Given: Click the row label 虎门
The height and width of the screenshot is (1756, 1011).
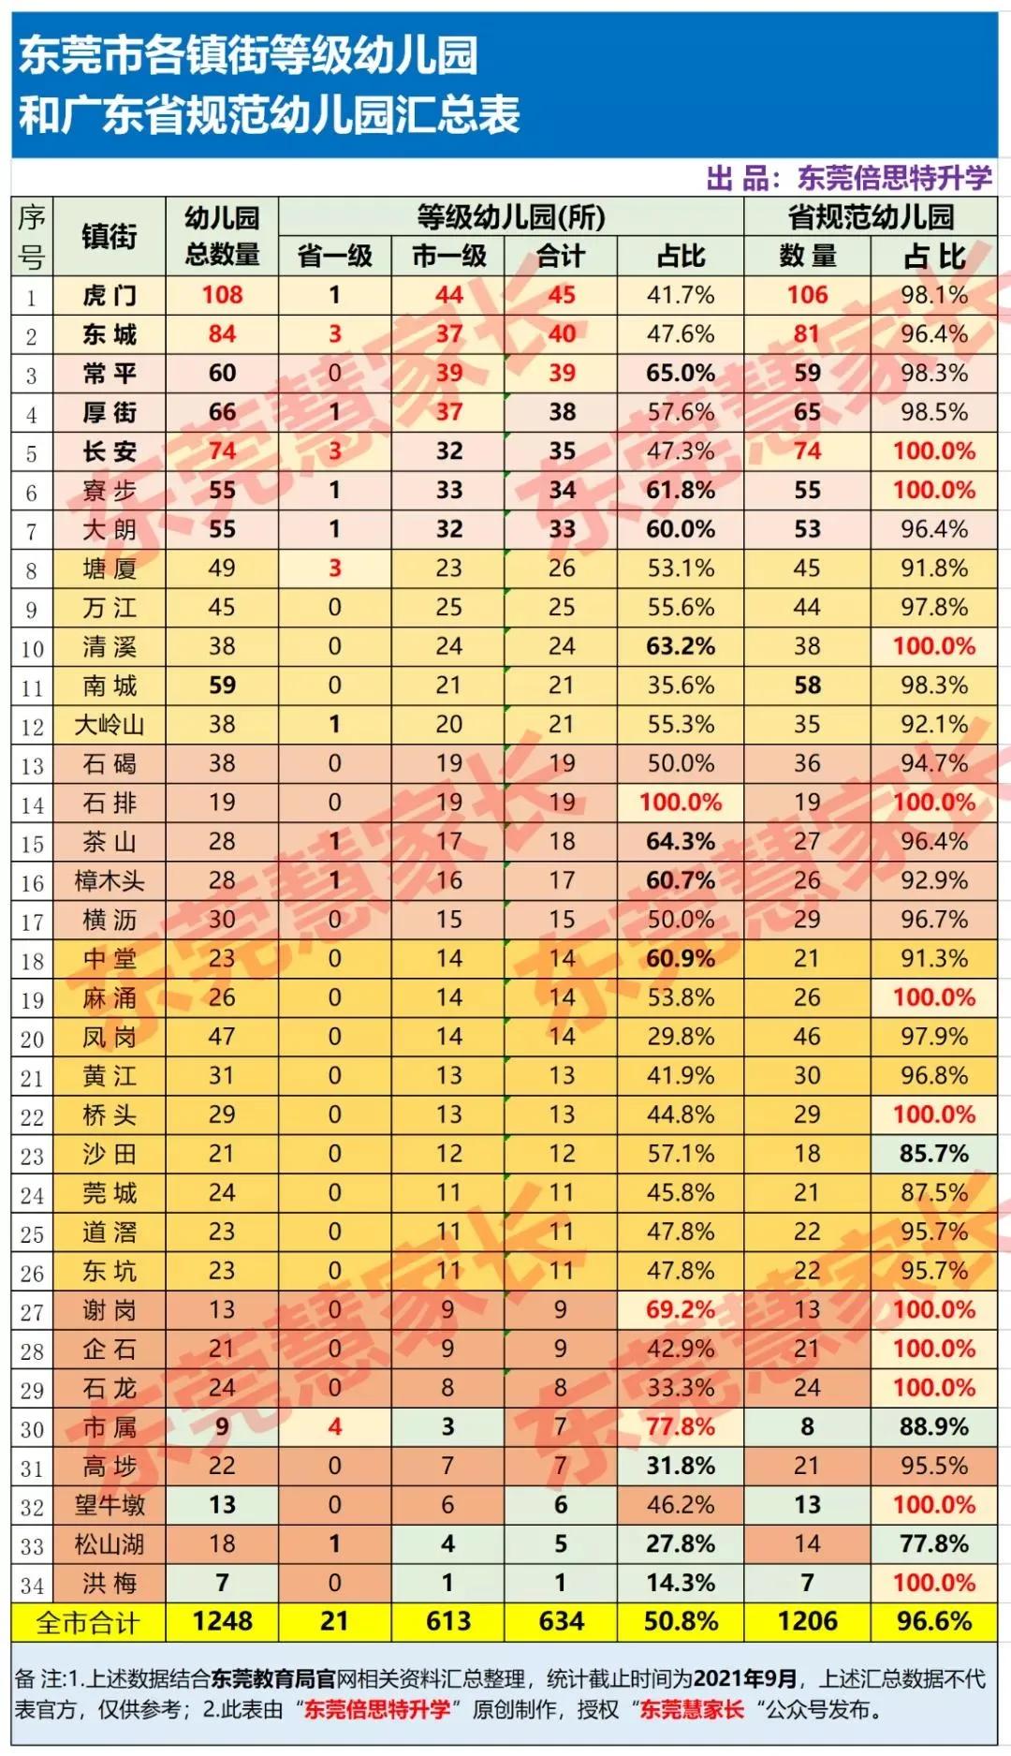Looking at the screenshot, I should (x=109, y=296).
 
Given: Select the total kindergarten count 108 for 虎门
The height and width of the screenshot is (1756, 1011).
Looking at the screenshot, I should (x=222, y=295).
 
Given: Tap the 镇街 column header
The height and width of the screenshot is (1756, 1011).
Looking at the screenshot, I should (x=109, y=237).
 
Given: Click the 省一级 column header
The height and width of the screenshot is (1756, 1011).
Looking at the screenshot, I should (x=334, y=256).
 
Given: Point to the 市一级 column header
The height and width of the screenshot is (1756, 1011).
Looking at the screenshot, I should (x=448, y=256).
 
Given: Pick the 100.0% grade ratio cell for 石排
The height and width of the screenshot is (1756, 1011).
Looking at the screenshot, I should (x=681, y=803).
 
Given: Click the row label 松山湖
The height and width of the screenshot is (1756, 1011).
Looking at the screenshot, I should (x=109, y=1544).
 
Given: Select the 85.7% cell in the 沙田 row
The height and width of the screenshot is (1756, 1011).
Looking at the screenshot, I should (x=933, y=1154).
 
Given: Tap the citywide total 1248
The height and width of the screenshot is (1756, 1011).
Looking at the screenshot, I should (x=222, y=1622).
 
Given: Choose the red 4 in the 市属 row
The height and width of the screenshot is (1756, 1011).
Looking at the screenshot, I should (x=334, y=1427).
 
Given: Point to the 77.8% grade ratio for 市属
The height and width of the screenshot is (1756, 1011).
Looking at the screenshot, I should (x=681, y=1427).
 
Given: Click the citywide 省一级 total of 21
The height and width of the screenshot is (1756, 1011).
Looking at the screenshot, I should (x=334, y=1622).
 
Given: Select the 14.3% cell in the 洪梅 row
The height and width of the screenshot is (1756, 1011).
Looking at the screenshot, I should (x=681, y=1584).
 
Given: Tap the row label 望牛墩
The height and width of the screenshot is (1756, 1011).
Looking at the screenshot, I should (x=109, y=1505).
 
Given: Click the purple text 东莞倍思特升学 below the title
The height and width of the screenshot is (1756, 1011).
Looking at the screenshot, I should (x=893, y=178).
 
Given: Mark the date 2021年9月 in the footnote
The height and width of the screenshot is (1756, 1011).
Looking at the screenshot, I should (x=745, y=1678).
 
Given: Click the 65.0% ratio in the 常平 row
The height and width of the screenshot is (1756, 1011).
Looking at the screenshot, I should (x=681, y=374).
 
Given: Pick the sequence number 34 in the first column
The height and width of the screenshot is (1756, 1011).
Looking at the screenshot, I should (x=32, y=1585).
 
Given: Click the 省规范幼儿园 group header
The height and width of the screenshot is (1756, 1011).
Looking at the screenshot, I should (x=870, y=217).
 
